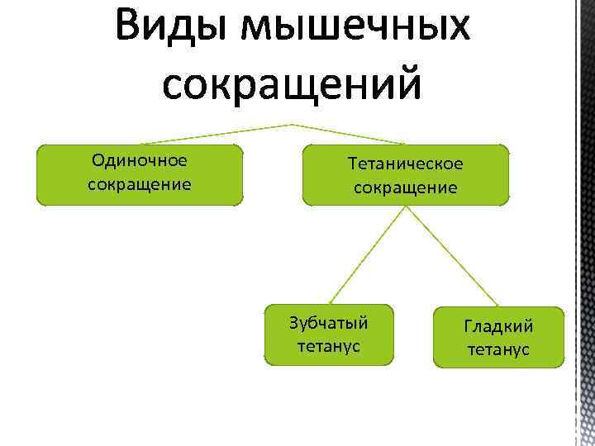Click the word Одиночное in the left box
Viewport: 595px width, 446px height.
140,160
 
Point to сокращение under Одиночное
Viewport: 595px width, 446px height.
140,183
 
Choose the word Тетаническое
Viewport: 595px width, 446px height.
406,164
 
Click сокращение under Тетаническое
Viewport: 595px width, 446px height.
406,187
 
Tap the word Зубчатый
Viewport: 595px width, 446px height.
329,322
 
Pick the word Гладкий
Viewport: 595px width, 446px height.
498,326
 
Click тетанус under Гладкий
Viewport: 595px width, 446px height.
498,349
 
